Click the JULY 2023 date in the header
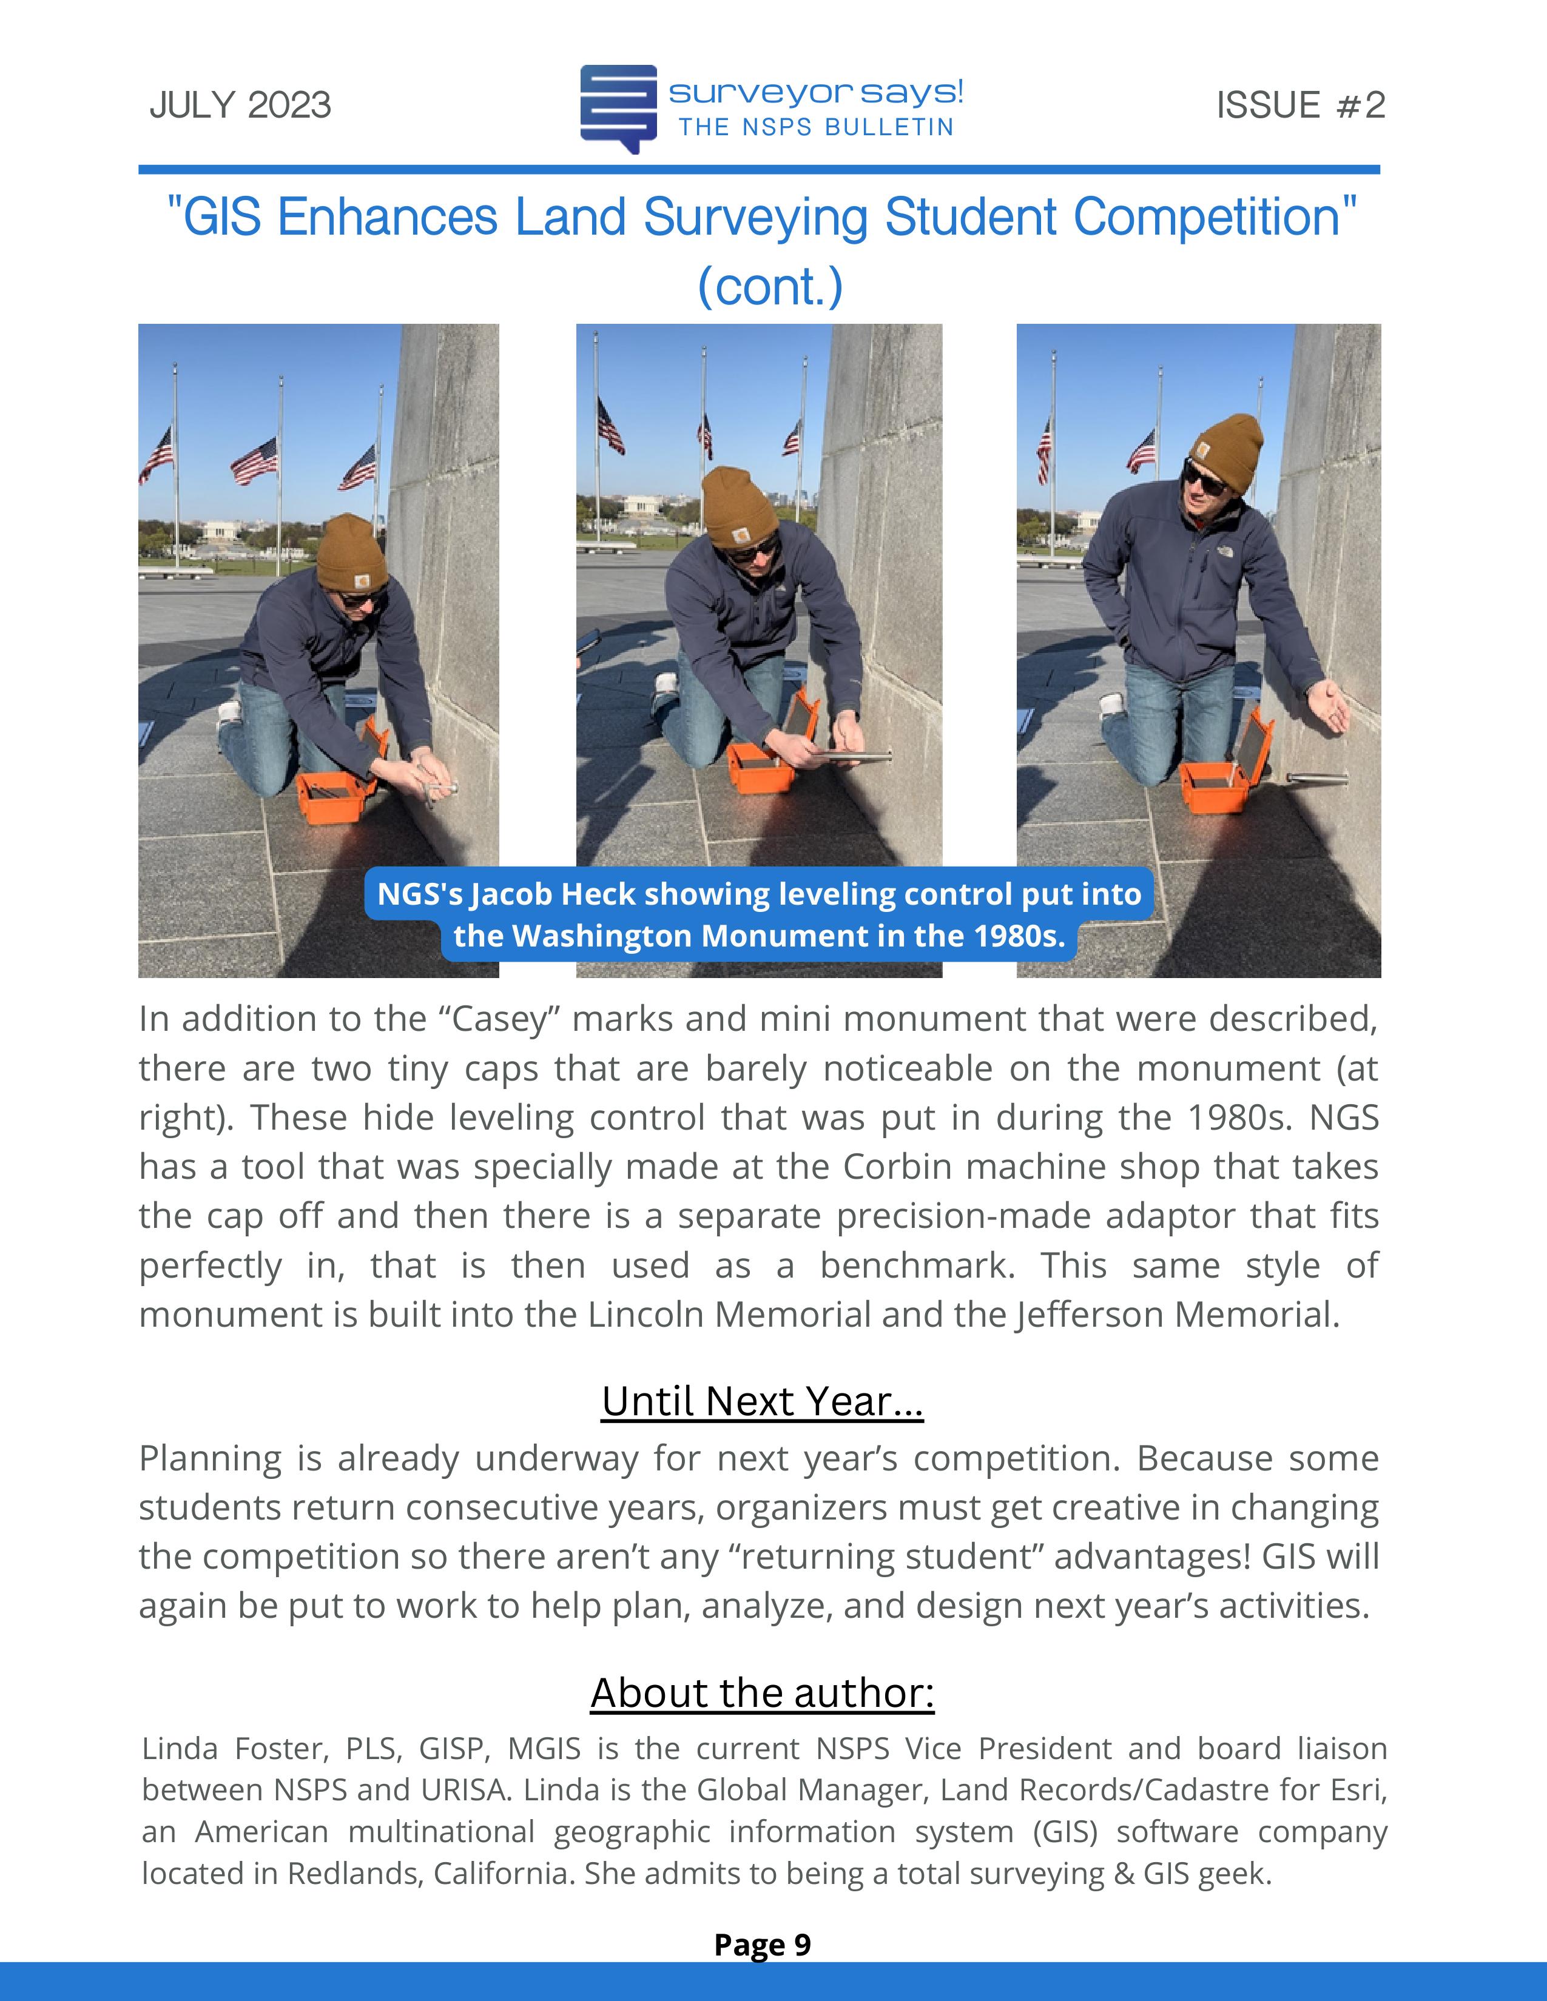pos(240,106)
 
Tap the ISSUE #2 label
pos(1299,106)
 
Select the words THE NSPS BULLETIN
pos(815,127)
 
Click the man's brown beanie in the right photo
pos(1224,450)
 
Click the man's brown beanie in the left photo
pos(351,552)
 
